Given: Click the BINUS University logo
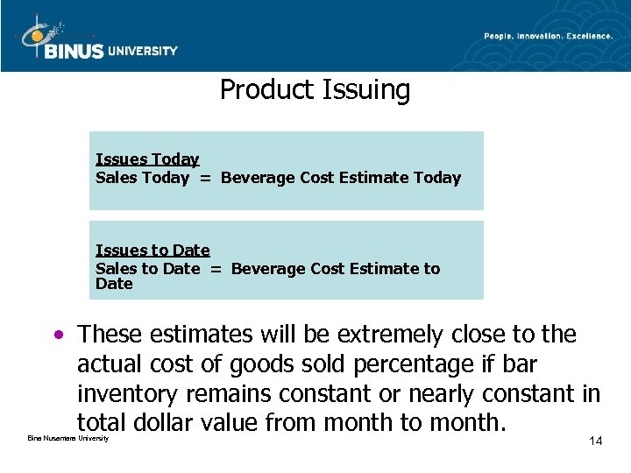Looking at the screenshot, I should [96, 39].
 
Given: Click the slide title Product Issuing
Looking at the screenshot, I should [315, 89].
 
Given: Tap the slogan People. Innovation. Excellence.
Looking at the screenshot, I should [548, 36].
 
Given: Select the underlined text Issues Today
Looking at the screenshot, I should [147, 159].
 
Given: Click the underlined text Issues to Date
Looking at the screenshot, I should [152, 251].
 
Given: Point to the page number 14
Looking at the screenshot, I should [595, 441].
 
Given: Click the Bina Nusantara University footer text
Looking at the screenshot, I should [68, 438].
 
